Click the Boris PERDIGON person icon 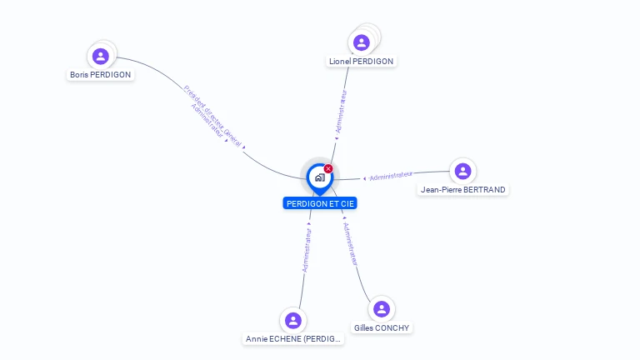[101, 56]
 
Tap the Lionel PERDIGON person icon [361, 42]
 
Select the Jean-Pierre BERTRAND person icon [462, 171]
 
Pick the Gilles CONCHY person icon [381, 309]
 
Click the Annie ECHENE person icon [292, 320]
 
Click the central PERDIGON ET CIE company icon [319, 177]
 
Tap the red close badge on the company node [328, 169]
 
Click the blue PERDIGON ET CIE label [320, 203]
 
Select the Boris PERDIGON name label [100, 74]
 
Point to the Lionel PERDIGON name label [362, 61]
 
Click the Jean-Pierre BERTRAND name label [462, 189]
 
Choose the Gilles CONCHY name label [381, 327]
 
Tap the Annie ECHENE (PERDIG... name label [292, 338]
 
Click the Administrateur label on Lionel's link [340, 112]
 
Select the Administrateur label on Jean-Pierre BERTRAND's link [391, 176]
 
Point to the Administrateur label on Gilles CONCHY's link [351, 243]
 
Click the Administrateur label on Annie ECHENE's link [307, 250]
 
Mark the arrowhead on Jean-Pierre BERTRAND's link [364, 178]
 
